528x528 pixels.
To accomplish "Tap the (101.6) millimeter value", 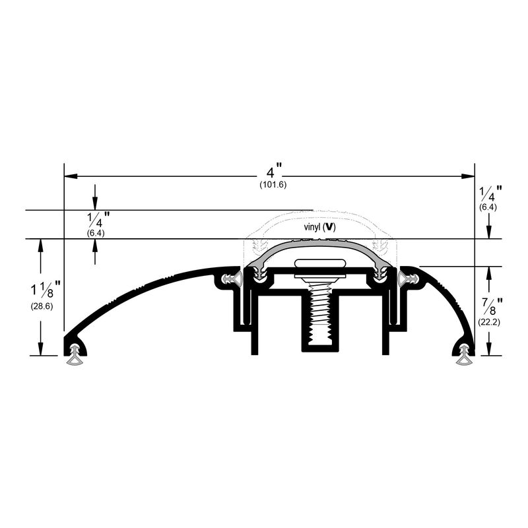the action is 273,185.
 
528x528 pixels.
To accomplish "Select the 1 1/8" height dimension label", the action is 46,290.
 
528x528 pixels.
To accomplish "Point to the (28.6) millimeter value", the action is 42,306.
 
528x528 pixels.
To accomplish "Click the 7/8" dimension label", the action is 490,306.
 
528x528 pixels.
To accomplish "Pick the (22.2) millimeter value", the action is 489,322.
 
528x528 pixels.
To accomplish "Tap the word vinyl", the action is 312,227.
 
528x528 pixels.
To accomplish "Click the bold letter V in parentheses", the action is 331,228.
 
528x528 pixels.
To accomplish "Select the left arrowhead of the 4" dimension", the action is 71,176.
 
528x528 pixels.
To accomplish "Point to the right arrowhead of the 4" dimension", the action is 468,176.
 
